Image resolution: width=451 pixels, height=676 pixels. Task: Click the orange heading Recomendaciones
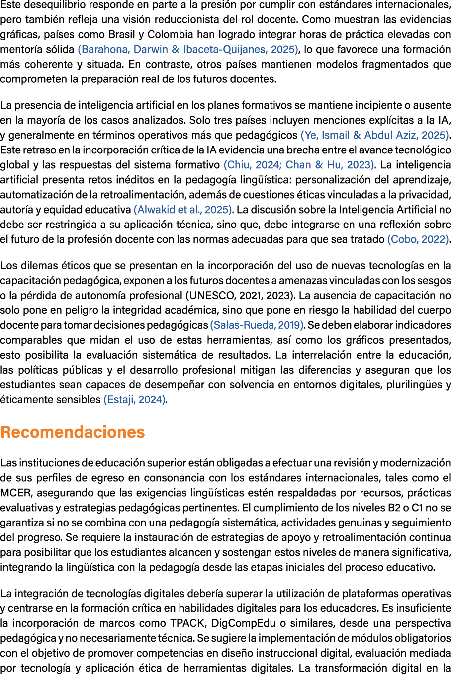point(73,432)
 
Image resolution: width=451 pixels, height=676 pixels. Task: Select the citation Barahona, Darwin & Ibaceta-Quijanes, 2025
point(188,50)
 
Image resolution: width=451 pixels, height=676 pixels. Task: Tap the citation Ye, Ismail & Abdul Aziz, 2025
point(374,135)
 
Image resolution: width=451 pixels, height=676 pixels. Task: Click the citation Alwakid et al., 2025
point(183,210)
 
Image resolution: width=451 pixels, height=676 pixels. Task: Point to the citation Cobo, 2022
point(418,239)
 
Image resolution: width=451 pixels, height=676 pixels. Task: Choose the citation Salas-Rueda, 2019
point(257,325)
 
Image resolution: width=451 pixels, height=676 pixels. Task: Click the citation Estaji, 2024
point(134,400)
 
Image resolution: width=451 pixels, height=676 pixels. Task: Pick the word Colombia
point(170,35)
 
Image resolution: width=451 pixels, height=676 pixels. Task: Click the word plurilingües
point(412,385)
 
